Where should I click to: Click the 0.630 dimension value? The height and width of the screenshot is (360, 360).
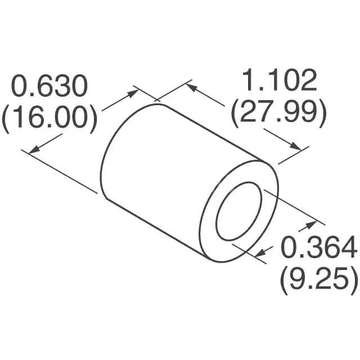point(51,87)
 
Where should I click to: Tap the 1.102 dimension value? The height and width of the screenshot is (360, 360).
point(279,82)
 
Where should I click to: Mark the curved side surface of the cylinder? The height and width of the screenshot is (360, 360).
point(163,169)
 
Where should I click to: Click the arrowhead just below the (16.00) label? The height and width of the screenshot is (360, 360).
point(34,148)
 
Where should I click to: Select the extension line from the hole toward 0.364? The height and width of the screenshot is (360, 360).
point(293,208)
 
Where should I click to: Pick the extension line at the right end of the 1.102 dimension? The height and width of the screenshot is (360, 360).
point(294,156)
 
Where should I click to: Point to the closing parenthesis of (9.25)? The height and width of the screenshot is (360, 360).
point(354,278)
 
